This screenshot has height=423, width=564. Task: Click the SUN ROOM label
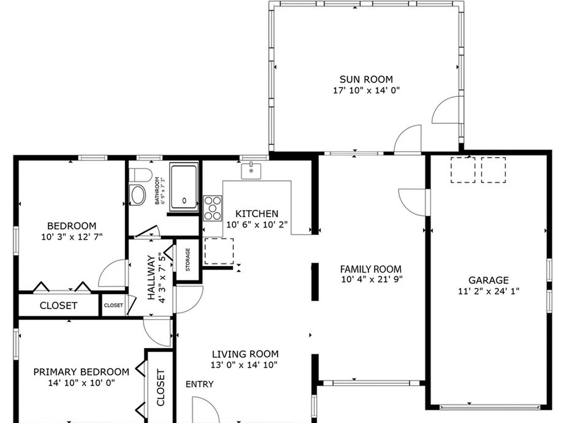point(366,79)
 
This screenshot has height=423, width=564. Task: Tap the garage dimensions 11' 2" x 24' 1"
point(489,291)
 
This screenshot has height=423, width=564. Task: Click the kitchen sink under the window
point(251,170)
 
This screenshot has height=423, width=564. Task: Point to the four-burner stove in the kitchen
point(212,208)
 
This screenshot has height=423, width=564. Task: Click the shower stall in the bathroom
point(184,187)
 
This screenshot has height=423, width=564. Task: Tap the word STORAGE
point(187,260)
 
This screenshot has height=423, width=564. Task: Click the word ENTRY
point(199,384)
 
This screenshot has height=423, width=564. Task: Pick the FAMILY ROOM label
point(371,269)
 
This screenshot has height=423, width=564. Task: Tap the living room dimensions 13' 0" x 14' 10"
point(245,365)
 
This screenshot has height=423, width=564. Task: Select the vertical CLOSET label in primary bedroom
point(160,387)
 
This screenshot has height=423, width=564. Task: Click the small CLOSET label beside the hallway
point(113,305)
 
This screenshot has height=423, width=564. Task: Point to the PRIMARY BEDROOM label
point(81,372)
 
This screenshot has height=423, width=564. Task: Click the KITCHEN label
point(257,214)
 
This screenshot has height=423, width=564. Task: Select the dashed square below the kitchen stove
point(219,251)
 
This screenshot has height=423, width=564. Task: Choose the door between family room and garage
point(413,202)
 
